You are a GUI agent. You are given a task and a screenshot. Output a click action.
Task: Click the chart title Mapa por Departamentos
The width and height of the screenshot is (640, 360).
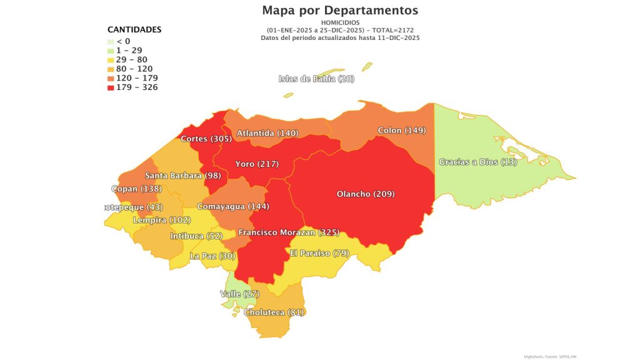click(340, 11)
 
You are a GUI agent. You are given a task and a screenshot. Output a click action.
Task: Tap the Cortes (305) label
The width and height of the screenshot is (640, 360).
click(206, 139)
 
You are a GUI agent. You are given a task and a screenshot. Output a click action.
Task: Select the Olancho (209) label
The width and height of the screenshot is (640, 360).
click(366, 194)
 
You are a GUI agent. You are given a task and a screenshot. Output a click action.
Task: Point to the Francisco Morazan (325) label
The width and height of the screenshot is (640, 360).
click(288, 232)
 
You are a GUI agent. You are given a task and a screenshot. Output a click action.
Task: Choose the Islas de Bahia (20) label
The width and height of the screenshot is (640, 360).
click(316, 79)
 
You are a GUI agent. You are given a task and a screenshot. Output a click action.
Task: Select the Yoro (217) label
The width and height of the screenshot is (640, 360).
click(256, 164)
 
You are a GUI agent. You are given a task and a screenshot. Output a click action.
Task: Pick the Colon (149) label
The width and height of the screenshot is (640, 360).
click(402, 131)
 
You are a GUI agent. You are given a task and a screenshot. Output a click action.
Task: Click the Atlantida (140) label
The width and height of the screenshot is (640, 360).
click(267, 133)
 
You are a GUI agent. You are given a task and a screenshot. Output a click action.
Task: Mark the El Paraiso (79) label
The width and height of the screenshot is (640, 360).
click(319, 253)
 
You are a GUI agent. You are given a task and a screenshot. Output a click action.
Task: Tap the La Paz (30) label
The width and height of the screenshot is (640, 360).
click(213, 256)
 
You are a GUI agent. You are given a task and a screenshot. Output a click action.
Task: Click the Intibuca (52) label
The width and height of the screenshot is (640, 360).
click(196, 236)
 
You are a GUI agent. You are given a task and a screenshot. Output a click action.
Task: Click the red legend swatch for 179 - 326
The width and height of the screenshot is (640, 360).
click(111, 87)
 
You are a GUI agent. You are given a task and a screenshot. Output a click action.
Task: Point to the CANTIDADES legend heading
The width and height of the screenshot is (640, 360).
click(134, 29)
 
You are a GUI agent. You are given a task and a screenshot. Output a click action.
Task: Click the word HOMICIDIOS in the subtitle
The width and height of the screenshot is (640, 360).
click(340, 22)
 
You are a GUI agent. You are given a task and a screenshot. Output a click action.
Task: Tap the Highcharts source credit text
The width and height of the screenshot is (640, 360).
click(548, 356)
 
